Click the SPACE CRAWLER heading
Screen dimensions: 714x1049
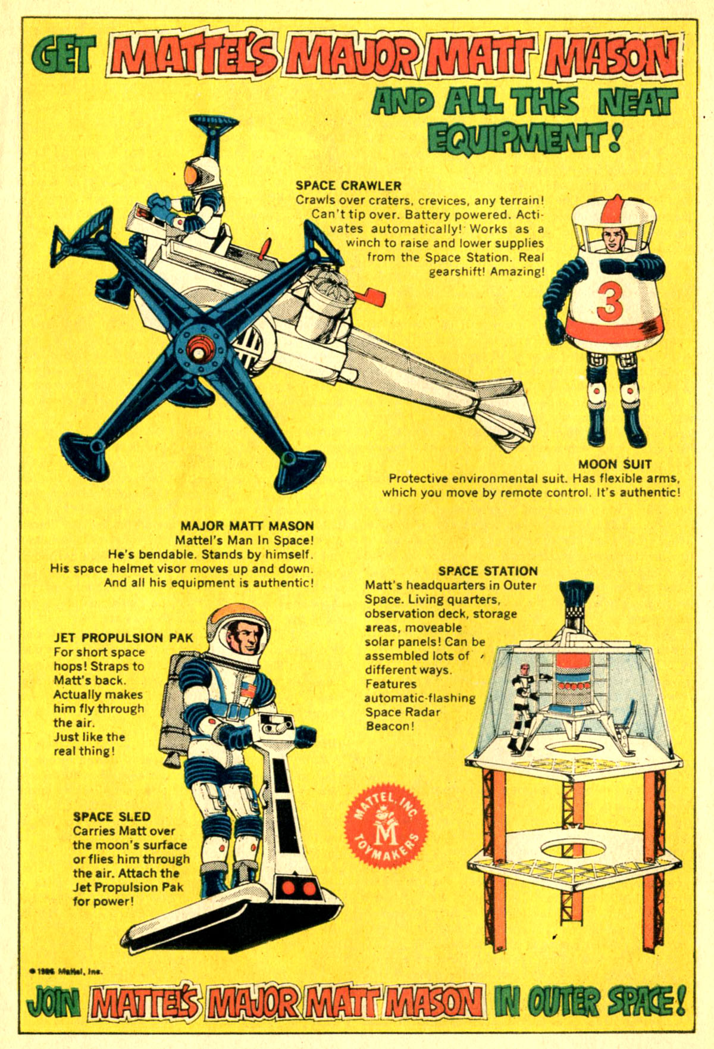(x=349, y=186)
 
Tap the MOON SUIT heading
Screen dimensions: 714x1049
(x=615, y=464)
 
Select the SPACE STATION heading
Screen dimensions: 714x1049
(x=488, y=571)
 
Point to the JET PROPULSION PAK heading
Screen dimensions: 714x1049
(x=124, y=638)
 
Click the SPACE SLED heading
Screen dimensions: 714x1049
(x=112, y=817)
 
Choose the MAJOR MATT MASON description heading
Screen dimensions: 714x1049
(x=247, y=526)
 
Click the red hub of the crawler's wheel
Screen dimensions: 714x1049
(x=196, y=351)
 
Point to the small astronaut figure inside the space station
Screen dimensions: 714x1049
(x=521, y=705)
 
